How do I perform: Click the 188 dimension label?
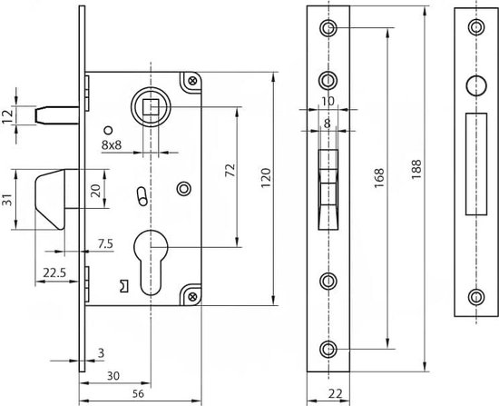[x=416, y=169]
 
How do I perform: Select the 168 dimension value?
[x=379, y=178]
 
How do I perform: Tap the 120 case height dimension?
[x=266, y=178]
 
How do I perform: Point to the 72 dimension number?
[x=230, y=170]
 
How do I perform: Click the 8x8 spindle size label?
[x=112, y=145]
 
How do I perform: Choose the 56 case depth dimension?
[x=138, y=393]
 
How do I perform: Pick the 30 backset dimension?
[x=113, y=376]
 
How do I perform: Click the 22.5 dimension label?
[x=54, y=272]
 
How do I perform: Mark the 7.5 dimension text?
[x=105, y=243]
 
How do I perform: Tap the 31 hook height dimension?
[x=7, y=200]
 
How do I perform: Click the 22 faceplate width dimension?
[x=335, y=394]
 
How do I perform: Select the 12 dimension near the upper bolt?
[x=7, y=115]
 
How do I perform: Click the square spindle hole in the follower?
[x=151, y=106]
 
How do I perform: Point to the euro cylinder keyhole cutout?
[x=151, y=262]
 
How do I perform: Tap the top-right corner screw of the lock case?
[x=192, y=81]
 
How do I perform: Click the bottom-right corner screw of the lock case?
[x=192, y=297]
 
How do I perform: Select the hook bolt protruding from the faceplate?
[x=51, y=199]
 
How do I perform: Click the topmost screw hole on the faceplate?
[x=328, y=28]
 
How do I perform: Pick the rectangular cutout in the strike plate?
[x=476, y=164]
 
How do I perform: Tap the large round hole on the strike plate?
[x=476, y=86]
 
